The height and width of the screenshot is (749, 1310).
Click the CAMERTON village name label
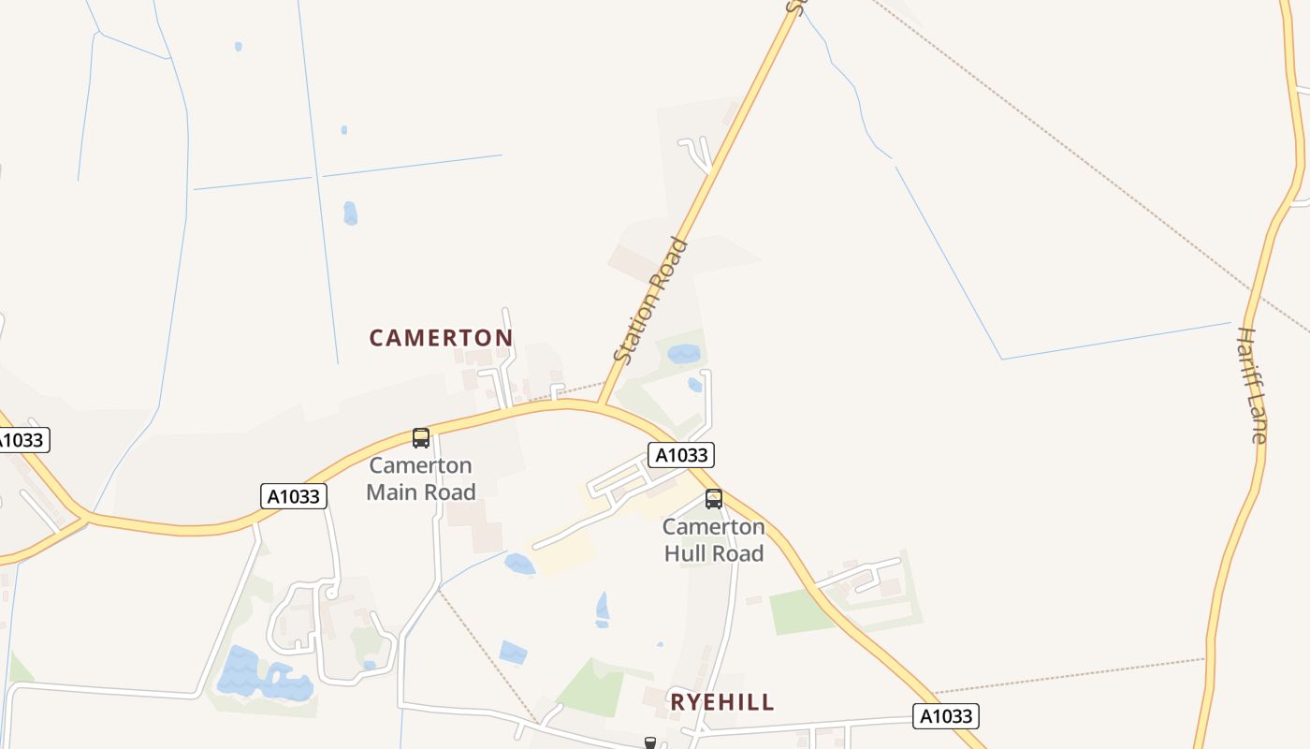coord(441,338)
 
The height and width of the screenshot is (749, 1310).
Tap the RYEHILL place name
coord(722,702)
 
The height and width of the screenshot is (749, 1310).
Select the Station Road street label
coord(651,301)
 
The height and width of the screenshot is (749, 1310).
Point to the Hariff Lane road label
coord(1252,384)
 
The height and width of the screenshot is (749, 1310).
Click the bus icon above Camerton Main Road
coord(421,438)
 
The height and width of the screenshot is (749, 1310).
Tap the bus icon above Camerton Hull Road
coord(714,499)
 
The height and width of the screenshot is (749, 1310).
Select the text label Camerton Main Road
coord(421,478)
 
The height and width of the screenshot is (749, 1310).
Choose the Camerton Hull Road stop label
coord(714,540)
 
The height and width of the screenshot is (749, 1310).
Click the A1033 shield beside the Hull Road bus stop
coord(681,455)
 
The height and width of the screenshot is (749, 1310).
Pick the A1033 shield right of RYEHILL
coord(946,717)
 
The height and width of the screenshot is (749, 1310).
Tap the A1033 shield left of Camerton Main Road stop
coord(294,496)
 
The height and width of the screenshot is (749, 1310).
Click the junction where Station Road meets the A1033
coord(601,404)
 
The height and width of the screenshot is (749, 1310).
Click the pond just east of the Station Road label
coord(684,354)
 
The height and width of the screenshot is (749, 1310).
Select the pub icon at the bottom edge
coord(650,742)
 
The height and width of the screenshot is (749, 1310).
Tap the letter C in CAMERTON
coord(376,338)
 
